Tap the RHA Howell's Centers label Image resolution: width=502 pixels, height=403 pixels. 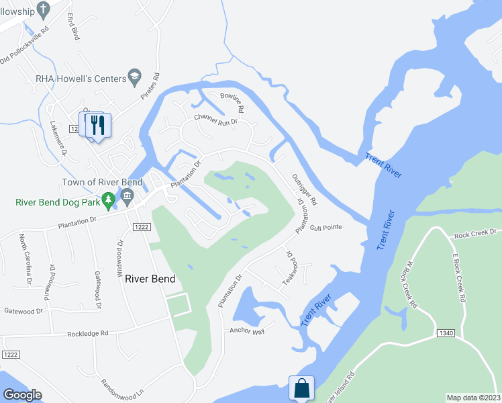pyautogui.click(x=81, y=79)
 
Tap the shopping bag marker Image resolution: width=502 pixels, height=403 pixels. pyautogui.click(x=302, y=388)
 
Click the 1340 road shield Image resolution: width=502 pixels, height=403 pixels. pyautogui.click(x=445, y=333)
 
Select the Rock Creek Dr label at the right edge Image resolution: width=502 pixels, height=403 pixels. pyautogui.click(x=474, y=234)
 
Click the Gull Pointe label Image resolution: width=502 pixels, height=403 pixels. pyautogui.click(x=325, y=228)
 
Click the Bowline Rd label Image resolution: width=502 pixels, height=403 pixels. pyautogui.click(x=233, y=102)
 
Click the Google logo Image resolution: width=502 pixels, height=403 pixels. pyautogui.click(x=23, y=394)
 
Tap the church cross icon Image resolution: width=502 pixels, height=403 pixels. pyautogui.click(x=44, y=9)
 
